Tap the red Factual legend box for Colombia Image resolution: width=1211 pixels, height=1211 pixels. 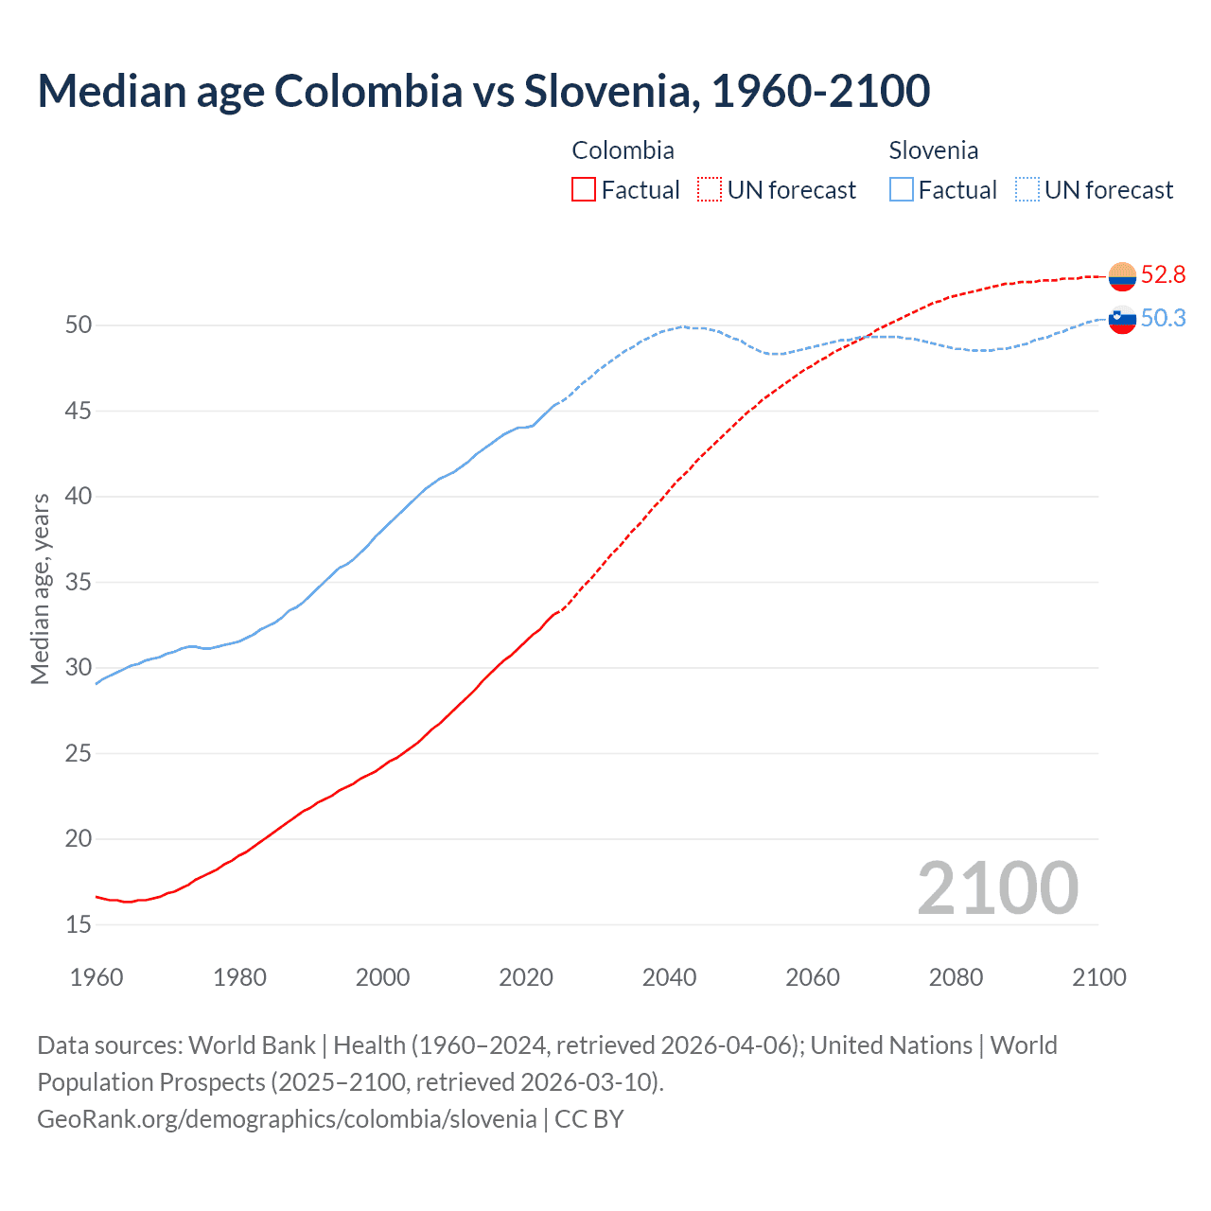click(584, 190)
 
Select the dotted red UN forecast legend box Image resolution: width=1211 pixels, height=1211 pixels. click(710, 190)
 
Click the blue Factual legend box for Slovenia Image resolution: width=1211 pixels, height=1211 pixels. click(902, 190)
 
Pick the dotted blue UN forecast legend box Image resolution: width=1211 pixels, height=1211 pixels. click(1027, 190)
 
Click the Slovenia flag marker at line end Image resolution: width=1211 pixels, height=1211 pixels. click(1122, 320)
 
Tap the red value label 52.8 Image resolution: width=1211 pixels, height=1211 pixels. click(1163, 275)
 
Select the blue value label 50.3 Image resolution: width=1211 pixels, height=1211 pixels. click(1163, 319)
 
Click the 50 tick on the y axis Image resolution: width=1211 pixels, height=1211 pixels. click(79, 325)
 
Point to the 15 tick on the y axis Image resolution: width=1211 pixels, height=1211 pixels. click(79, 924)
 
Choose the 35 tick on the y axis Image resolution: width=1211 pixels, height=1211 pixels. click(79, 582)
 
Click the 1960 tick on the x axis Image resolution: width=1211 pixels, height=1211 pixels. click(97, 977)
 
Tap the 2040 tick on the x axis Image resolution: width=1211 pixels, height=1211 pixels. click(669, 977)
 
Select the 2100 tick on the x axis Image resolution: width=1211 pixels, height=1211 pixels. click(1098, 977)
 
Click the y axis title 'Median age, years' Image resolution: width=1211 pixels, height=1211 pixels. click(40, 588)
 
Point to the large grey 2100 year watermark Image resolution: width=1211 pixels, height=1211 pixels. click(997, 888)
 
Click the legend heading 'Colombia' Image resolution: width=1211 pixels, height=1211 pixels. click(623, 150)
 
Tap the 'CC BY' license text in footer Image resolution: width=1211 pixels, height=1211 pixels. click(588, 1119)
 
